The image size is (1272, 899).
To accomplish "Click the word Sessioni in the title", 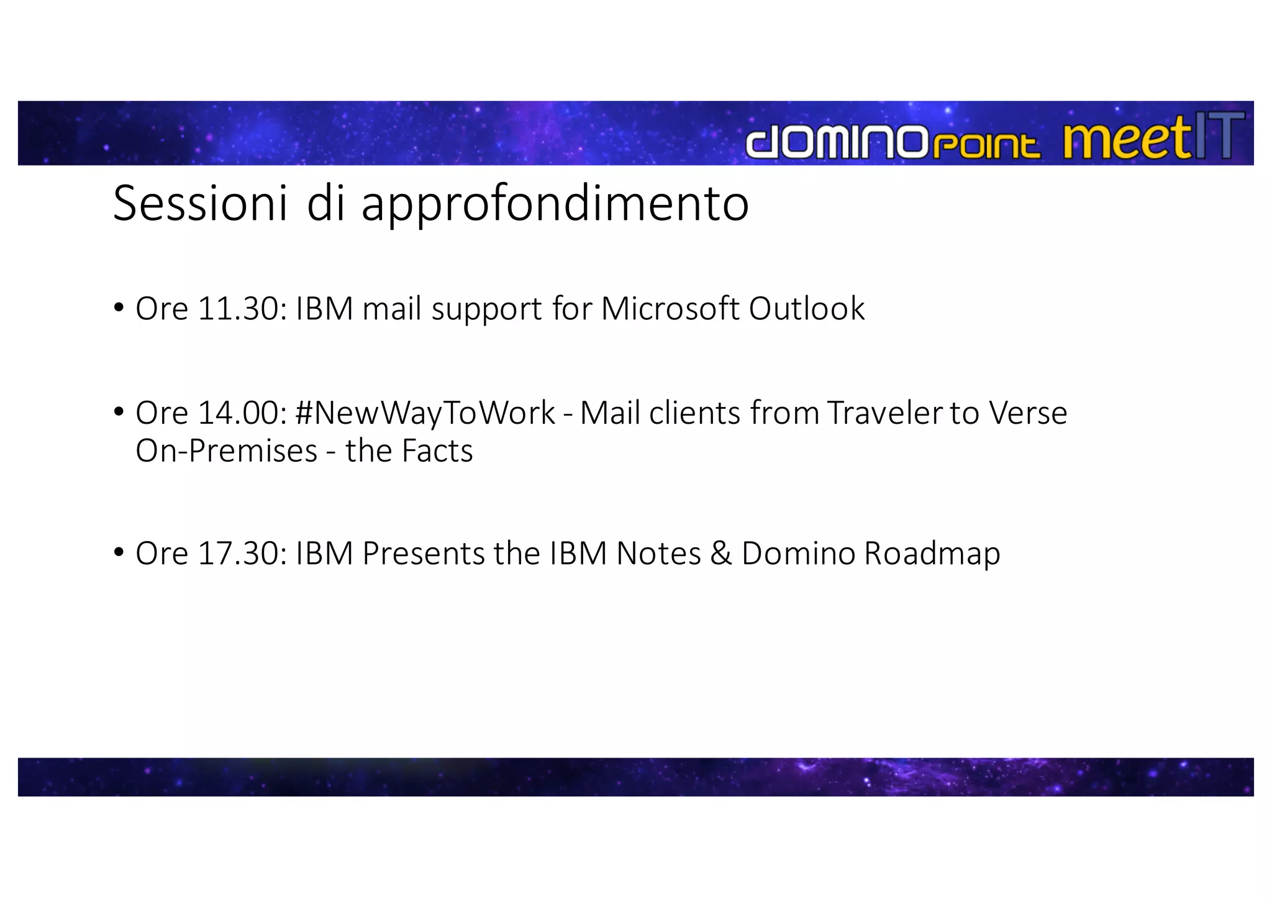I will pos(200,203).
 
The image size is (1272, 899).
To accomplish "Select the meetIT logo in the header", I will pos(1153,139).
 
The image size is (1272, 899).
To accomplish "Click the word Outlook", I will pos(806,308).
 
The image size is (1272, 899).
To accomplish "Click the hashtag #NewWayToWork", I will pos(425,413).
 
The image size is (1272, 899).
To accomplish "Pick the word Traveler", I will pos(884,413).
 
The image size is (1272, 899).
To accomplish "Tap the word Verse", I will pos(1028,413).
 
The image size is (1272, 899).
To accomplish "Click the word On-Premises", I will pos(226,450).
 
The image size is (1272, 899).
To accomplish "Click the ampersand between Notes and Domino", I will pos(720,553).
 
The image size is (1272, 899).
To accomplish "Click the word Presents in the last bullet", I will pos(423,553).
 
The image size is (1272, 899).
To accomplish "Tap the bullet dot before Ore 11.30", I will pos(119,307).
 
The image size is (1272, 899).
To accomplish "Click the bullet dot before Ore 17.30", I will pos(119,552).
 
